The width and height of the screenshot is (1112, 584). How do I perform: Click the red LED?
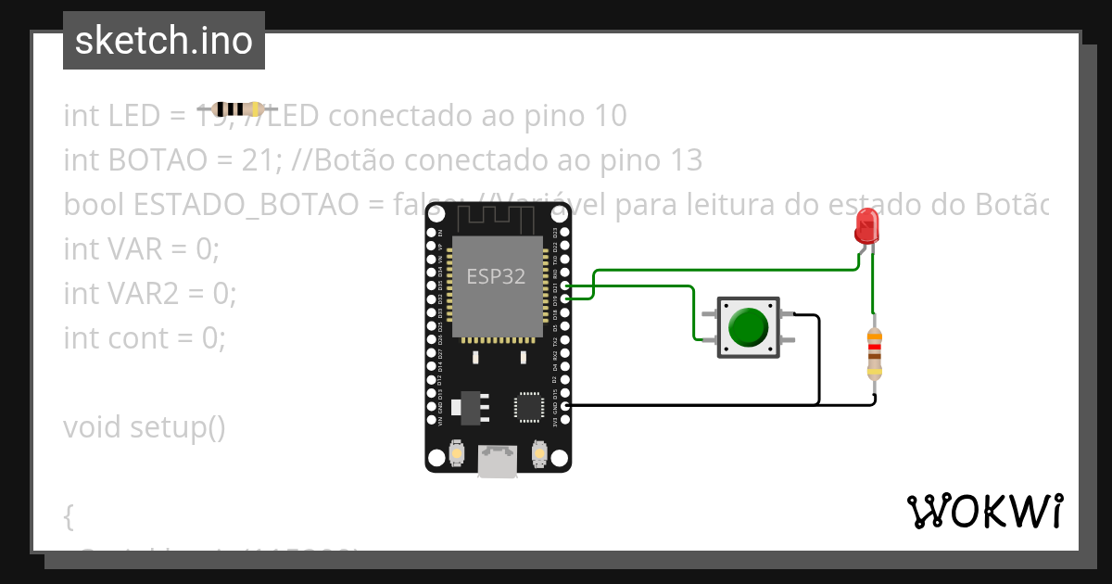coord(867,225)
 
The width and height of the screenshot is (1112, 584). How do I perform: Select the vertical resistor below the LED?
coord(874,353)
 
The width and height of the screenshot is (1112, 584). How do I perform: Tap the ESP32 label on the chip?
coord(496,276)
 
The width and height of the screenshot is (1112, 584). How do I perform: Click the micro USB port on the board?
coord(498,461)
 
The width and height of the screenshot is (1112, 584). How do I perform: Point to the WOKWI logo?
coord(984,511)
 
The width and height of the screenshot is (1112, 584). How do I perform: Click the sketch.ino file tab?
coord(164,41)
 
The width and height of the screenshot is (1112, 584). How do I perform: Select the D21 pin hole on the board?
coord(566,287)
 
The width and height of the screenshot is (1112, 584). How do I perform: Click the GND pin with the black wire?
coord(566,405)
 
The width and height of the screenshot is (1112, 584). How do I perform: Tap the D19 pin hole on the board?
coord(566,298)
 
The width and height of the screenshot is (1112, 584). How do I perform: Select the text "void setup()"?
coord(145,427)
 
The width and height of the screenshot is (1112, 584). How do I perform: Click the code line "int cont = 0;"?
coord(145,338)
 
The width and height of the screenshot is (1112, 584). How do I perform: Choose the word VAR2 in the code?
coord(147,294)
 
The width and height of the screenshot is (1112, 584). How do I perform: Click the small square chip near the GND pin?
coord(529,406)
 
